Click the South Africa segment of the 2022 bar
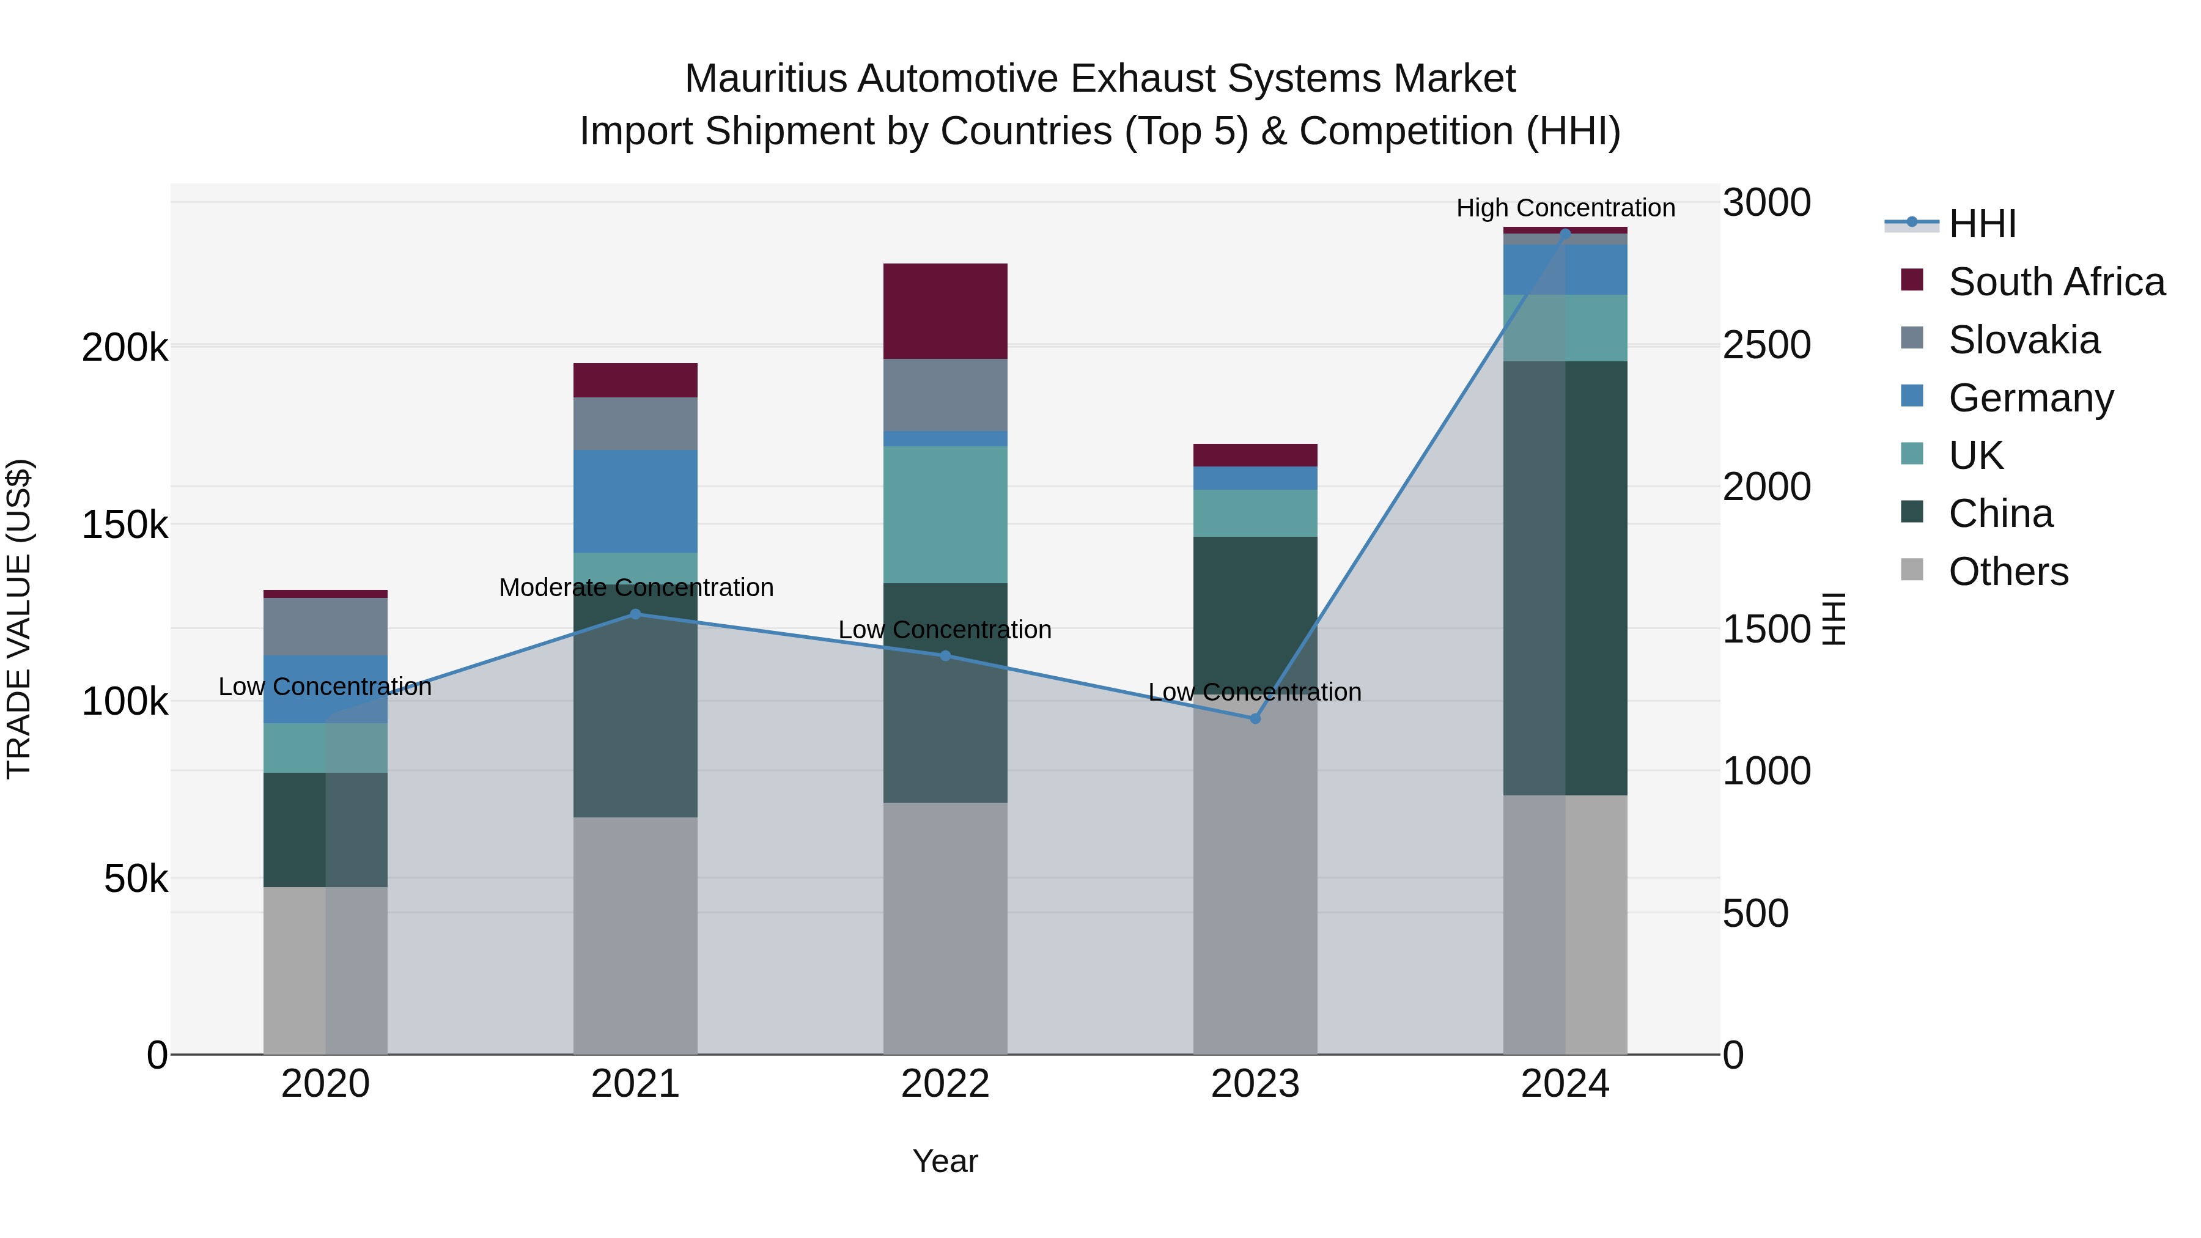point(945,311)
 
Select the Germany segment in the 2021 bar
point(635,501)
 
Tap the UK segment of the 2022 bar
point(945,514)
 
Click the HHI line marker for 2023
point(1255,718)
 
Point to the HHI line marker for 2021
point(635,613)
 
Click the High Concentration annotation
point(1565,208)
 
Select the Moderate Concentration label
point(636,588)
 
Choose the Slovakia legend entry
point(2023,340)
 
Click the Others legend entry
point(2008,572)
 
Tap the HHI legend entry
point(1982,224)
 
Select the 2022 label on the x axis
point(945,1084)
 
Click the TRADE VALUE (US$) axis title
point(19,619)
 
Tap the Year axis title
point(945,1161)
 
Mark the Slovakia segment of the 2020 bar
point(325,626)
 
